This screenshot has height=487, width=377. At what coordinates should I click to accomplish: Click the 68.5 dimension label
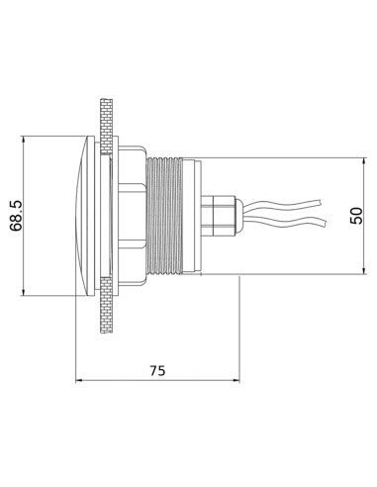click(16, 216)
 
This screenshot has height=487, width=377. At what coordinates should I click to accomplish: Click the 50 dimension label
click(356, 216)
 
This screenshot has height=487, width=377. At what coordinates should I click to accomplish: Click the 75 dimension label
click(157, 370)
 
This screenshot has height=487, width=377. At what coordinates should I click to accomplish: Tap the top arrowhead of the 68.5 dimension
click(23, 140)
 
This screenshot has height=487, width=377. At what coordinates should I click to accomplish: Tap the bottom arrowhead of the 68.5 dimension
click(23, 292)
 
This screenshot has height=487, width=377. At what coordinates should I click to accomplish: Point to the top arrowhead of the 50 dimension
click(364, 162)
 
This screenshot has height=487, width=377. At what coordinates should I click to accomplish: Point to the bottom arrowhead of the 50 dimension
click(364, 270)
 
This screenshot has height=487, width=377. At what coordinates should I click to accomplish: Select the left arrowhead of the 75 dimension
click(80, 381)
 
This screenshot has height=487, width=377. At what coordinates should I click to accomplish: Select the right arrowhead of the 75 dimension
click(236, 381)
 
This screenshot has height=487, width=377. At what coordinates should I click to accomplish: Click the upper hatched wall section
click(106, 126)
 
